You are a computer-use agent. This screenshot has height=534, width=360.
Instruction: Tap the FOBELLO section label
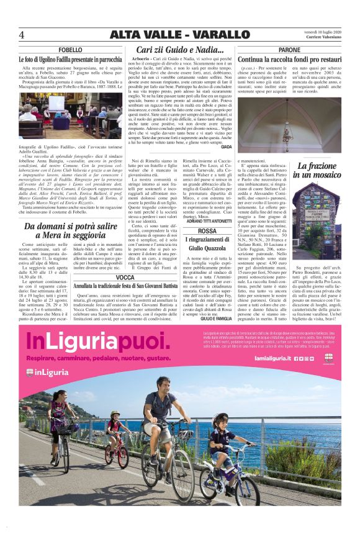[70, 50]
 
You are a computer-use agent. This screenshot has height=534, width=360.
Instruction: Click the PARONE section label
[289, 50]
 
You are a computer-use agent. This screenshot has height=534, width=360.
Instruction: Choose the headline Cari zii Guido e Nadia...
[179, 50]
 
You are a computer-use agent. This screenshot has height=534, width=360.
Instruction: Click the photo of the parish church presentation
[70, 115]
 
